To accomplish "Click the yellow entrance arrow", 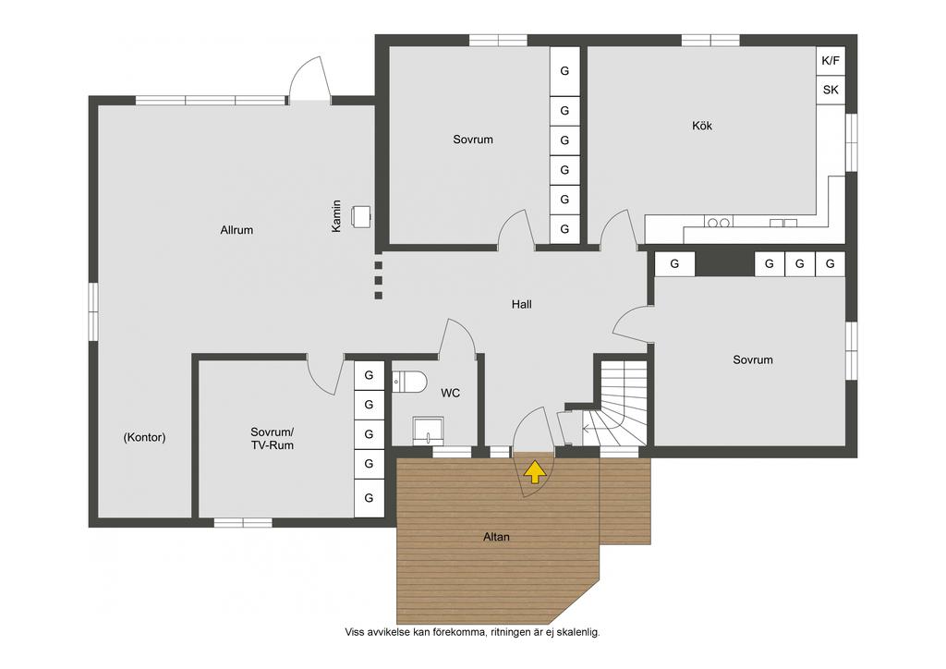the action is [534, 472].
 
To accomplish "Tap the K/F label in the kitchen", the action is [831, 61].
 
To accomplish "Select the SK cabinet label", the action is [831, 90].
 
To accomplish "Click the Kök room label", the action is [702, 126].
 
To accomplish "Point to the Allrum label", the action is [236, 230].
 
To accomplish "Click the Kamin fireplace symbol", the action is [361, 217].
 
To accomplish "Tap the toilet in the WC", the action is [409, 382].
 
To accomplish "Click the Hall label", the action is [521, 305].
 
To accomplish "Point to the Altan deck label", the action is [496, 537].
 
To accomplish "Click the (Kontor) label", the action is [144, 437].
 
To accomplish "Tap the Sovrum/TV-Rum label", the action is [273, 439].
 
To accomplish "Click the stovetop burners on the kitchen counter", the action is [718, 223].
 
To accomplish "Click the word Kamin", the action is [336, 216].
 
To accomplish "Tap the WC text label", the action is [450, 394].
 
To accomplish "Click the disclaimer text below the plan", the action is [472, 632].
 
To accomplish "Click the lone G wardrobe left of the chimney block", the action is [674, 263].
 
